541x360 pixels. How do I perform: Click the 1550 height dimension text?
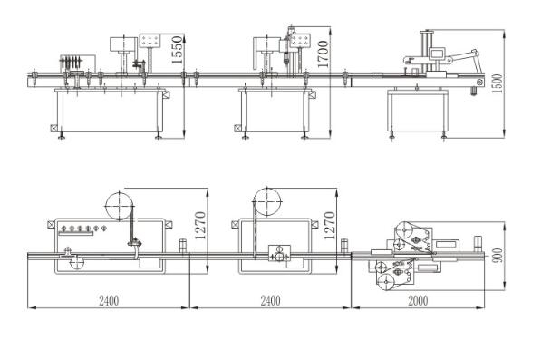point(177,49)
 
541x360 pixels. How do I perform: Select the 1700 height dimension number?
point(323,54)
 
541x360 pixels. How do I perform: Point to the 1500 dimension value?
point(497,83)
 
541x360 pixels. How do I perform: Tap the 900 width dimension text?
point(498,256)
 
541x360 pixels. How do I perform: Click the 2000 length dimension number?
point(418,301)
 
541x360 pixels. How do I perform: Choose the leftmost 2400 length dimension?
point(109,301)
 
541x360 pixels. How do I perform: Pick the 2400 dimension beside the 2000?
point(270,301)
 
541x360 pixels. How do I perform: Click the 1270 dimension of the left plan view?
point(200,226)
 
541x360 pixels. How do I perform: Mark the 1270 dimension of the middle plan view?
point(330,226)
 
